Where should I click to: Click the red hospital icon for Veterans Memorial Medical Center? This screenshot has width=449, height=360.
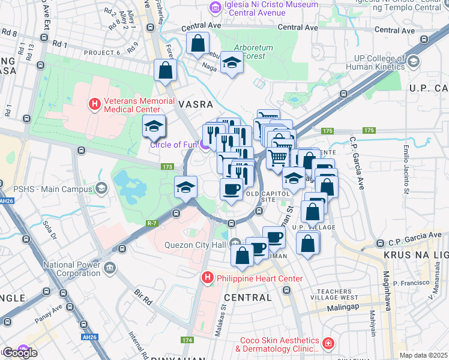click(94, 104)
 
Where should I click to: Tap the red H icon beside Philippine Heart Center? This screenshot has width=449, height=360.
click(207, 278)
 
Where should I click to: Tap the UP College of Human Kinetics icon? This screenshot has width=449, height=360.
click(413, 61)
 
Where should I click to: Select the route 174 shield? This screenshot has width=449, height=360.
click(186, 340)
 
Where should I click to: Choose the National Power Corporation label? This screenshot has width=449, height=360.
click(70, 268)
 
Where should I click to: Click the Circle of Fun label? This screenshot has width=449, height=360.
click(173, 145)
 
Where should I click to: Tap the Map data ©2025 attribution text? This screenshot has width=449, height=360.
click(423, 355)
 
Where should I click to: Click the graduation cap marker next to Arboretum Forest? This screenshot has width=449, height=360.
click(231, 63)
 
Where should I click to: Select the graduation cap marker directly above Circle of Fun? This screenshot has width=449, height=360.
click(154, 126)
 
